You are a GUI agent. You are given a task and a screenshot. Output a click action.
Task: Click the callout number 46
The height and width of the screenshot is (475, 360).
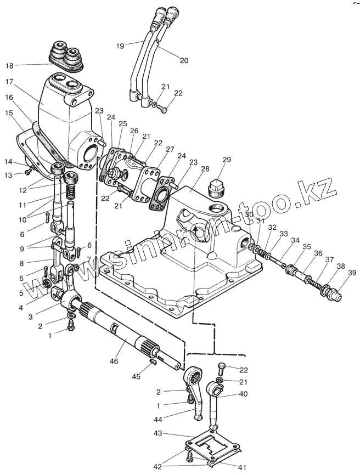coord(114,361)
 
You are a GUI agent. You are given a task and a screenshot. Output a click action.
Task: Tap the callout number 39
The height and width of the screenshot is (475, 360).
coord(352,273)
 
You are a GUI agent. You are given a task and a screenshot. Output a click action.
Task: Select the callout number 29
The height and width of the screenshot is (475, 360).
coord(227,160)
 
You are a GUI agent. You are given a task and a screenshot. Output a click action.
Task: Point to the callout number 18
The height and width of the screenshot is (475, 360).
coord(10,66)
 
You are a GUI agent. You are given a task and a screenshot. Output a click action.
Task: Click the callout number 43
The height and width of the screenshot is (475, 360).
coord(158,433)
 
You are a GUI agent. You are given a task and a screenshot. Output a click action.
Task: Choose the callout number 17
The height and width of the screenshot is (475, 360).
coord(9,82)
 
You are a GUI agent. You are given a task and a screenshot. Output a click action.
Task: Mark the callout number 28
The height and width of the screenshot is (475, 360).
coord(205,169)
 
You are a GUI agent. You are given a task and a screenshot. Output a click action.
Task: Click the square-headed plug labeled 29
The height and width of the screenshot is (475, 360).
coord(216,187)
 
